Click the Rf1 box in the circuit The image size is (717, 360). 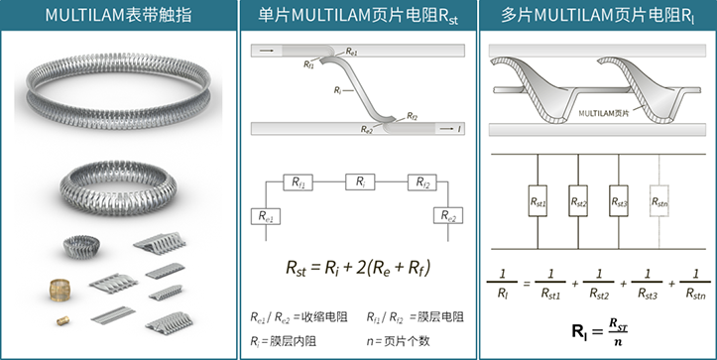[299, 182]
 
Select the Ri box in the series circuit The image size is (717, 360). [360, 181]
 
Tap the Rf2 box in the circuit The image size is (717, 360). [422, 182]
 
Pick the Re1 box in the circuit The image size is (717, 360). [266, 216]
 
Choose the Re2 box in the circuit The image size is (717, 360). [448, 215]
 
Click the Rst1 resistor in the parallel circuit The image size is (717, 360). [538, 200]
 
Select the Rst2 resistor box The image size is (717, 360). [578, 200]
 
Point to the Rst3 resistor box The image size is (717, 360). [619, 200]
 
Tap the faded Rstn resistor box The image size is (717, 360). [659, 200]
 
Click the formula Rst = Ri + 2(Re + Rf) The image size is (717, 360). [358, 268]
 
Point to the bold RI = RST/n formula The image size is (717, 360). [599, 330]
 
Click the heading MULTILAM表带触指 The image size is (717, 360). [118, 15]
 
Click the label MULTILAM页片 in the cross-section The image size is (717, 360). [604, 113]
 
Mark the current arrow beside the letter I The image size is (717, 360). [446, 129]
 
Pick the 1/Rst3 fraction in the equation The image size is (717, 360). [647, 285]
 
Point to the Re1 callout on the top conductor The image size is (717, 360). [351, 52]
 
